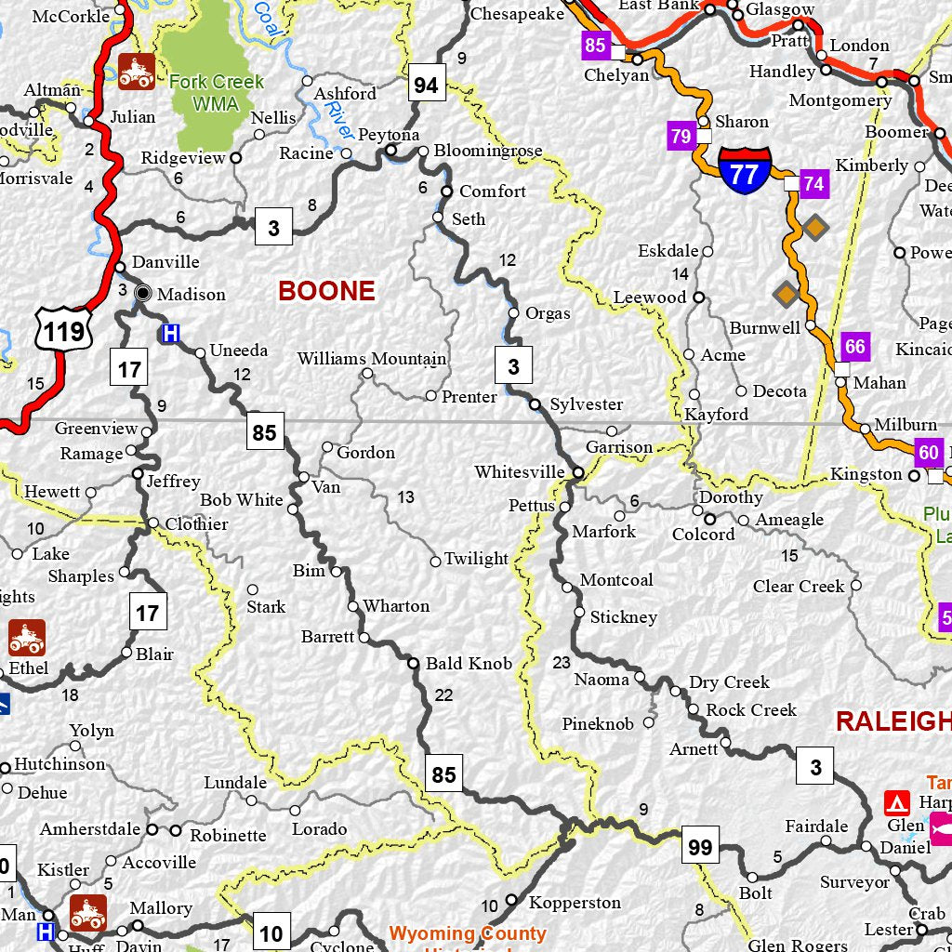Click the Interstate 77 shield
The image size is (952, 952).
tap(744, 170)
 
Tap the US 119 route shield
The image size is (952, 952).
tap(64, 329)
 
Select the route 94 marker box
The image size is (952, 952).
tap(426, 86)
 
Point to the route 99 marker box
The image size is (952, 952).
tap(700, 845)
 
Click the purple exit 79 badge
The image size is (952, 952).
tap(681, 137)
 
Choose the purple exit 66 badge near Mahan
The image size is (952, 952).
tap(854, 347)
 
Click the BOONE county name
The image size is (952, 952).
tap(326, 291)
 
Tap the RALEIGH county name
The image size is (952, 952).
tap(892, 721)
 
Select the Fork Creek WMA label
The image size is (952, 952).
tap(216, 92)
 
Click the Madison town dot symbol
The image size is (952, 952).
tap(142, 293)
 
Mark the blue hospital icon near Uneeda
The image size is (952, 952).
tap(170, 333)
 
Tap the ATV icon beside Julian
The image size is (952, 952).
tap(137, 72)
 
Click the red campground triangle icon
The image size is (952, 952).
tap(897, 803)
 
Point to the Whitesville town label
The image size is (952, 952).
tap(519, 472)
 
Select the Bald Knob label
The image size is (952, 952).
tap(469, 664)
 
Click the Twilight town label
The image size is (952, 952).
tap(476, 559)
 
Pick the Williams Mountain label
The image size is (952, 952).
tap(372, 359)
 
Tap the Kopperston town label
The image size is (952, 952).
tap(575, 903)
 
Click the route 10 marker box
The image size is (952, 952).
tap(271, 932)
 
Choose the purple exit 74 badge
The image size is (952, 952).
tap(813, 183)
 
